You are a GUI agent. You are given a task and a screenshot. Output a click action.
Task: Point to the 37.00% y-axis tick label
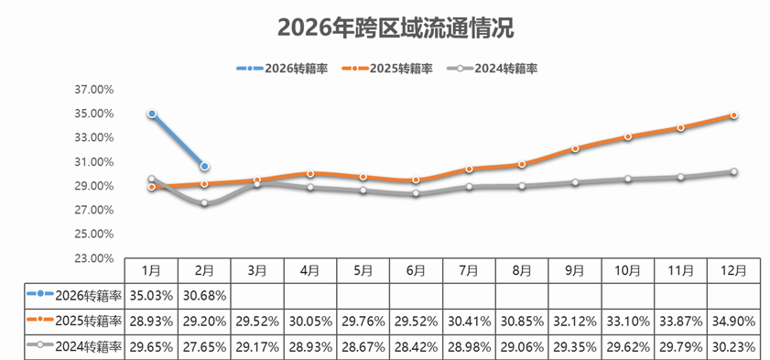(x=95, y=90)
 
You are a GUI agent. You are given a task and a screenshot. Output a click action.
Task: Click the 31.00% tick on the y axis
(x=95, y=162)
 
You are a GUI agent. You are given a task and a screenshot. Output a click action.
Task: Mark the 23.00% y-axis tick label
(x=95, y=258)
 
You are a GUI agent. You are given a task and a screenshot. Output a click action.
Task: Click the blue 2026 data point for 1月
(x=152, y=114)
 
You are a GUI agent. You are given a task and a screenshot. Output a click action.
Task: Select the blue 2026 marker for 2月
(x=204, y=166)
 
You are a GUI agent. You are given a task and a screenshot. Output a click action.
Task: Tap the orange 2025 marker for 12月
(x=733, y=115)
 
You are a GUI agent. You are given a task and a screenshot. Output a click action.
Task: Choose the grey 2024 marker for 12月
(x=733, y=171)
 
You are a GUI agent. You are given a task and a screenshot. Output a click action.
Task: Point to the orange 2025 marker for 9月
(x=575, y=148)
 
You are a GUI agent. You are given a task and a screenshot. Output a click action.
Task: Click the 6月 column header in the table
(x=416, y=270)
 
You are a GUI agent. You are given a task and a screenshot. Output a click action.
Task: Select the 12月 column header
(x=733, y=270)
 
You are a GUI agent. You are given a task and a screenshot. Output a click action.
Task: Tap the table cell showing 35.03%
(x=152, y=296)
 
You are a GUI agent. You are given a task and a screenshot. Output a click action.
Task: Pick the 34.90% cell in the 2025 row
(x=733, y=322)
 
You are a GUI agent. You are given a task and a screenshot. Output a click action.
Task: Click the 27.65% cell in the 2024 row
(x=204, y=347)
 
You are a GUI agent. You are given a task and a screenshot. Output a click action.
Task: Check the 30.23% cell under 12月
(x=733, y=347)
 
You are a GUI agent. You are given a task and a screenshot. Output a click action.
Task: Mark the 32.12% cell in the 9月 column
(x=575, y=322)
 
